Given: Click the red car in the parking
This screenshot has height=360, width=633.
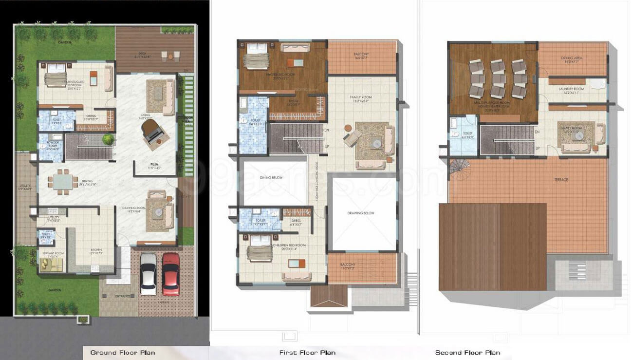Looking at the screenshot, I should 170,274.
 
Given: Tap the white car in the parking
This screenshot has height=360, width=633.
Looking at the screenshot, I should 149,274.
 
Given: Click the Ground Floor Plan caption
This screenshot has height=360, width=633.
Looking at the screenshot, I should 122,352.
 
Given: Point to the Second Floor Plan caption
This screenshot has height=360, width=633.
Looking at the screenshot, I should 467,352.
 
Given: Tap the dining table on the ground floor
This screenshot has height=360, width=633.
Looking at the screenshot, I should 62,182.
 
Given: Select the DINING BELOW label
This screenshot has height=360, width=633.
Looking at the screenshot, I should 271,178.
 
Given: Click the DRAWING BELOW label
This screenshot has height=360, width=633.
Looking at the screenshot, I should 361,213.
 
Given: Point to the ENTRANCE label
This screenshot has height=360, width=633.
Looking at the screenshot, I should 122,296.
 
